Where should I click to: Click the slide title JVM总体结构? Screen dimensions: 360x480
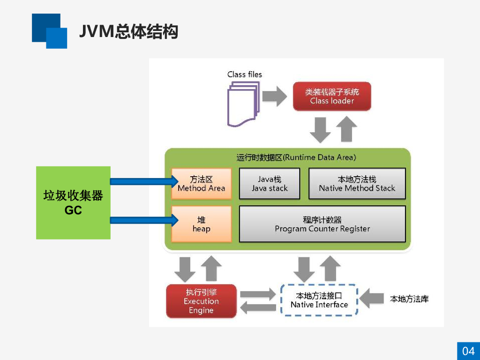click(128, 32)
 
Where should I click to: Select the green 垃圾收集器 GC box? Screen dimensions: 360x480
click(73, 202)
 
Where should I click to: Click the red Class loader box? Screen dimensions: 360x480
click(332, 97)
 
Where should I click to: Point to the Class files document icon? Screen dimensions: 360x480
click(243, 105)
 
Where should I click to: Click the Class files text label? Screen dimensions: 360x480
click(245, 75)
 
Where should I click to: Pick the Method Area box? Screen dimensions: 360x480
click(202, 184)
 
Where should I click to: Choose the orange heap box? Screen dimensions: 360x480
click(202, 224)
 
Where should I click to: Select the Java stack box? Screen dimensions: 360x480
click(270, 184)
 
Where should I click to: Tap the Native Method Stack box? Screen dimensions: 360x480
click(357, 184)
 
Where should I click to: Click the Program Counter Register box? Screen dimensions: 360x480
click(322, 224)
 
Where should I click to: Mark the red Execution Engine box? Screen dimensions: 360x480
click(201, 301)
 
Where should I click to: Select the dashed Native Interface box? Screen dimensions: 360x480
click(319, 300)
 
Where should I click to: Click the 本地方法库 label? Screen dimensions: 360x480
click(409, 299)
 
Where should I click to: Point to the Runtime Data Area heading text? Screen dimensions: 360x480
click(296, 157)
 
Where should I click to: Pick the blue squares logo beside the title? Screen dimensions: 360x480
click(49, 31)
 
